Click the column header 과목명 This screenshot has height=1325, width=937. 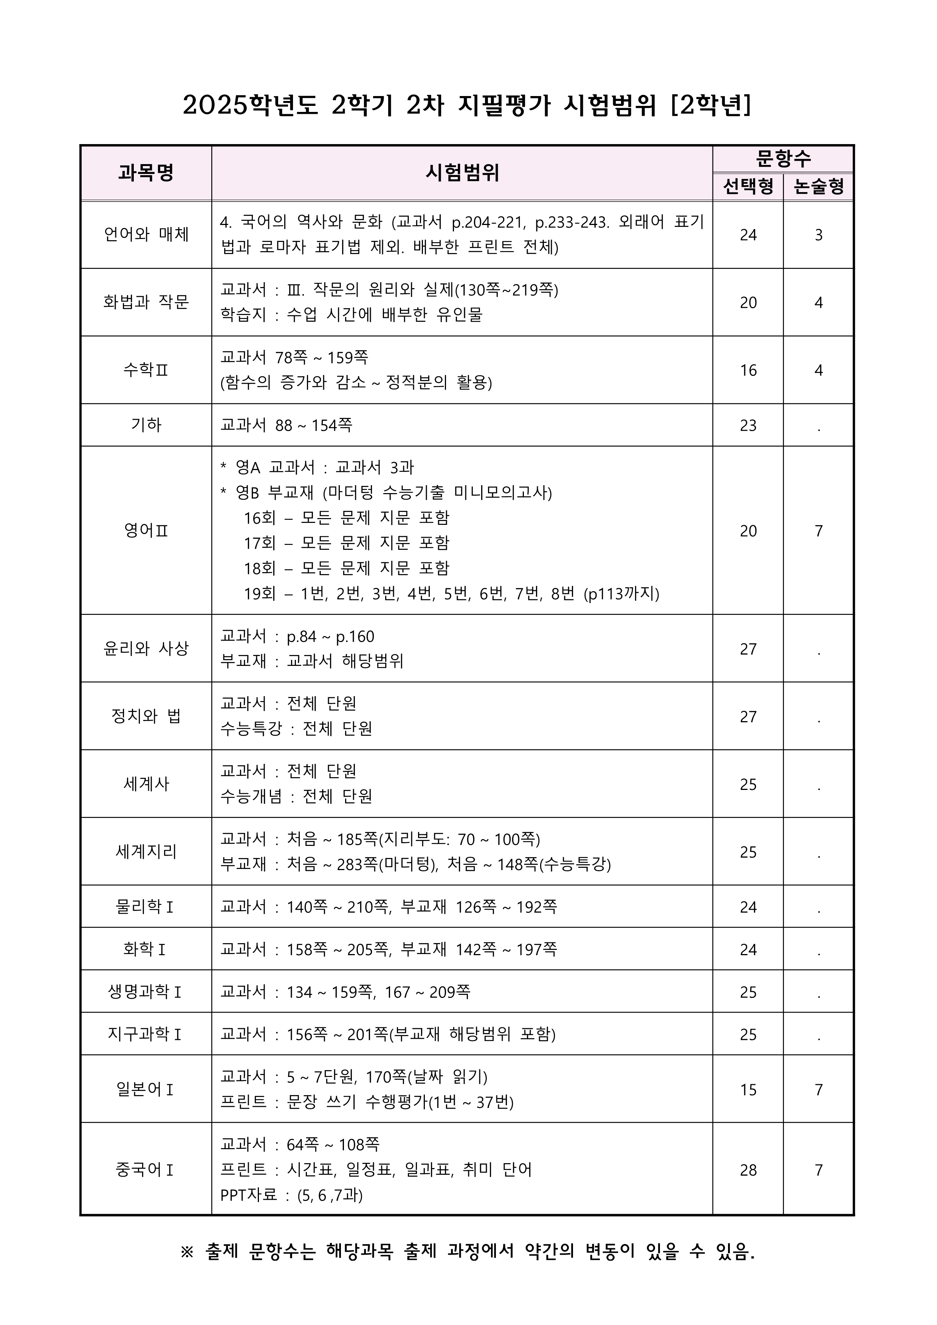pos(146,172)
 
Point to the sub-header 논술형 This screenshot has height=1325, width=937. pos(818,186)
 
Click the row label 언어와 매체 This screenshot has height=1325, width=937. pos(146,234)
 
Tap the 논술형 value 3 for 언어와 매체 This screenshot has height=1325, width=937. pos(818,235)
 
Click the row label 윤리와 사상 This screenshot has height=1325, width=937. pos(146,648)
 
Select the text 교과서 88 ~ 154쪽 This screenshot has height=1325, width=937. pos(286,425)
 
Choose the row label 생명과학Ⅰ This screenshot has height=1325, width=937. pos(145,991)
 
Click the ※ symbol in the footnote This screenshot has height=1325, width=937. pos(187,1252)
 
